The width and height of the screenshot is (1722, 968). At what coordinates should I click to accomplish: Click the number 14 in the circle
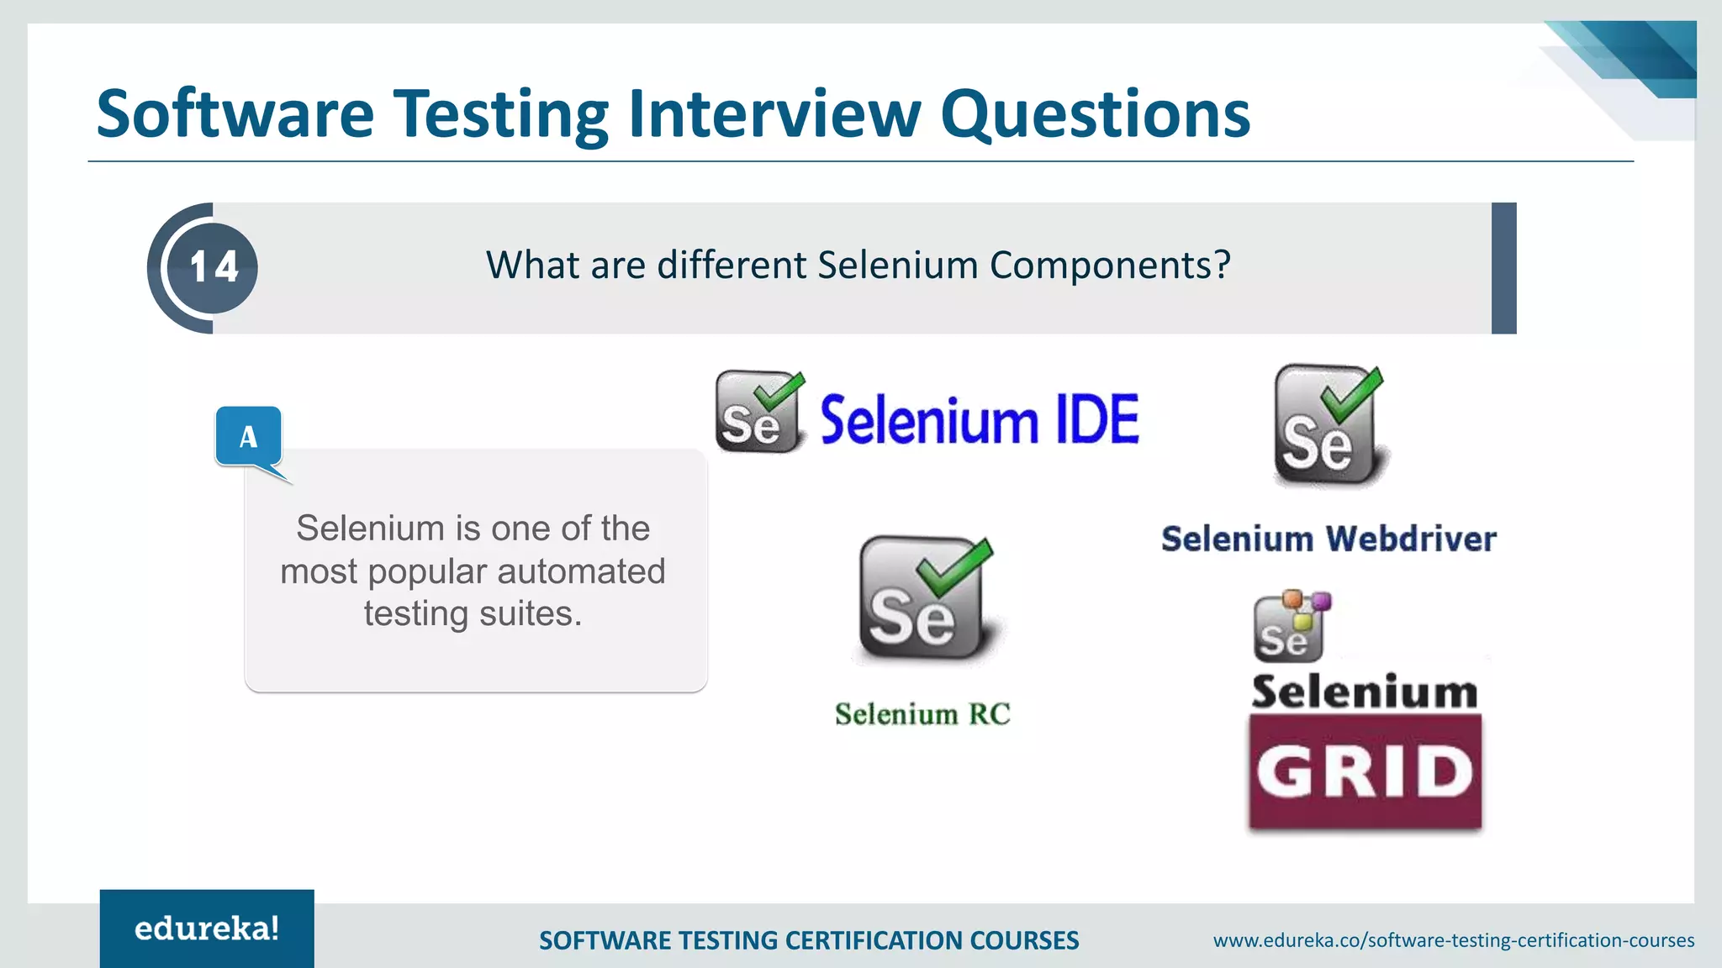click(x=214, y=267)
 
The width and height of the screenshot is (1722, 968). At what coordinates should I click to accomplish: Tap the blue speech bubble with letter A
click(x=248, y=436)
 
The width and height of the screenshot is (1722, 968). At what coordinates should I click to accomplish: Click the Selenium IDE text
click(x=980, y=419)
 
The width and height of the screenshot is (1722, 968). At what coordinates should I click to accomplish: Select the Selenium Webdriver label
click(x=1328, y=539)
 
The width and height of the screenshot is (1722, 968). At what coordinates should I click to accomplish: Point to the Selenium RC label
click(x=922, y=714)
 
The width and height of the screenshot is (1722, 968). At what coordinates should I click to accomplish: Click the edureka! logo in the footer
click(x=207, y=929)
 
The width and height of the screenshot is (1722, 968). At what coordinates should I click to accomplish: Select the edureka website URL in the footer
click(x=1453, y=940)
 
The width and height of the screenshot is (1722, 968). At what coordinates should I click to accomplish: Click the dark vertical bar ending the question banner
click(x=1503, y=268)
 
